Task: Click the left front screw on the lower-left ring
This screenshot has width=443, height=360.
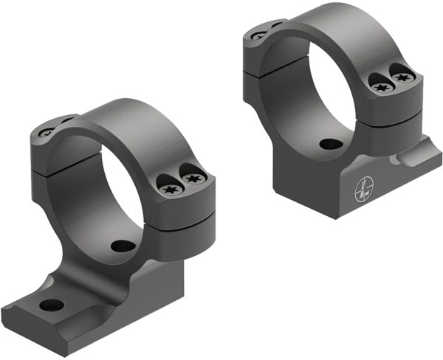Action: coord(168,189)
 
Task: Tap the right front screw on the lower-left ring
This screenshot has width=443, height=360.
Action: coord(193,179)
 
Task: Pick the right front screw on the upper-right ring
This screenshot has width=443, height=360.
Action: coord(402,75)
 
